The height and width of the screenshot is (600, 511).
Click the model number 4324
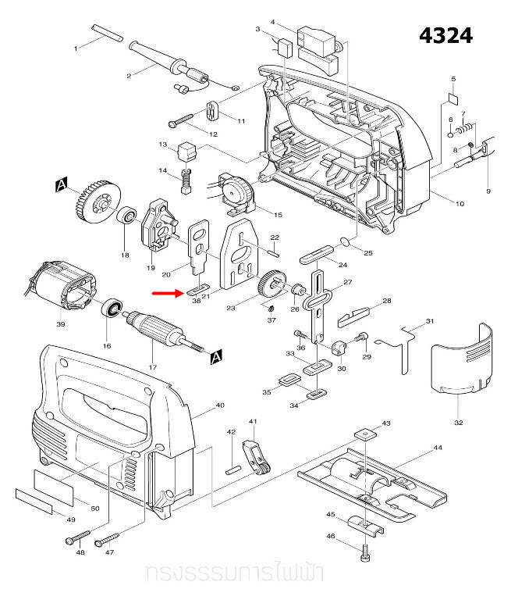tap(445, 37)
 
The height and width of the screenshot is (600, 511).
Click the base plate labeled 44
tap(373, 485)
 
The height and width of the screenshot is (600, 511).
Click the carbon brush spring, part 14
tap(186, 184)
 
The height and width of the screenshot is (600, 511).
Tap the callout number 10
tap(460, 204)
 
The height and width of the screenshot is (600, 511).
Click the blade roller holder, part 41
tap(257, 457)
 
